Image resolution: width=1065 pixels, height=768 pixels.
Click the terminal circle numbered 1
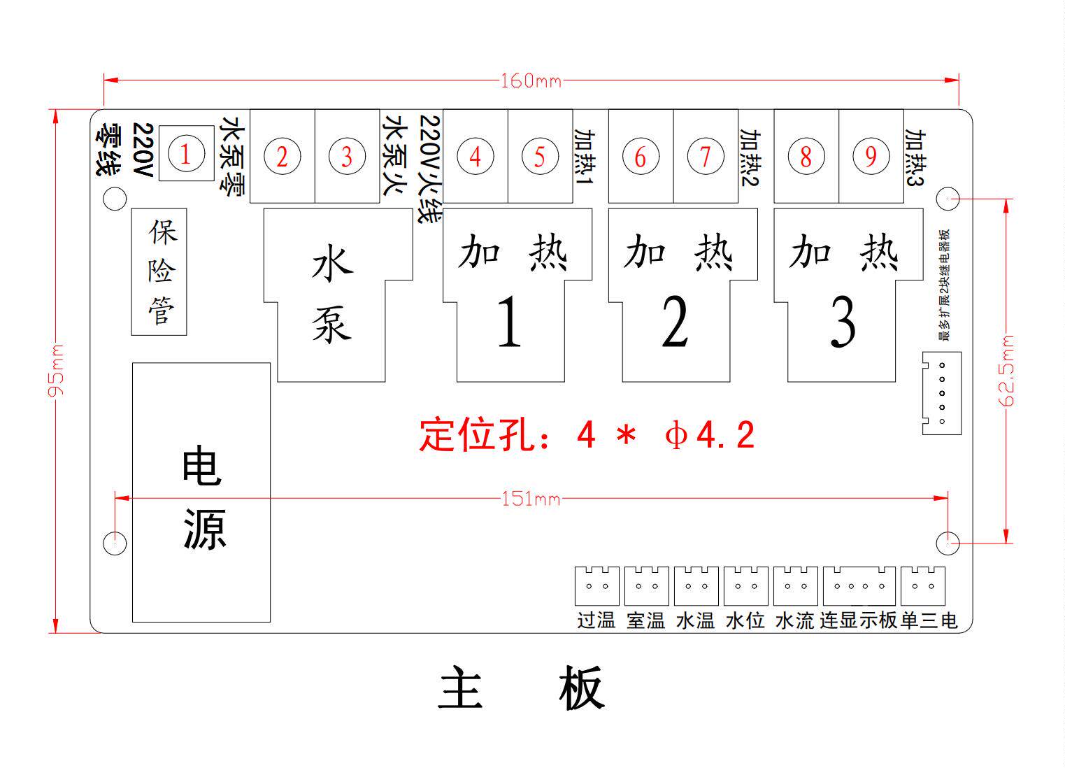click(185, 154)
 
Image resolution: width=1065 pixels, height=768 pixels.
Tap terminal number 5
click(539, 156)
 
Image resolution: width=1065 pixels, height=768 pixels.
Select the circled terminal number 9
click(871, 156)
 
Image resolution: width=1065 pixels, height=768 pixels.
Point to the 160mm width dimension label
click(531, 81)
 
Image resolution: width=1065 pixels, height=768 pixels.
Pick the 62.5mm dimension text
click(1007, 371)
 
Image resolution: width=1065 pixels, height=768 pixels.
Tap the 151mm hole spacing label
click(531, 499)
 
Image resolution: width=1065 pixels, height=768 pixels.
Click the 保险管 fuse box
click(160, 271)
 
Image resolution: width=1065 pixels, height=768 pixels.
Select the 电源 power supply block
click(201, 492)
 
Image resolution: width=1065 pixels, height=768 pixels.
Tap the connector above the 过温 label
click(596, 585)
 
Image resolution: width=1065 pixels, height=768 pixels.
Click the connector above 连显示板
click(859, 585)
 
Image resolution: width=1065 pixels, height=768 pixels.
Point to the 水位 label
click(745, 620)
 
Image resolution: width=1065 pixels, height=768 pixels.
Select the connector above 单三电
click(922, 585)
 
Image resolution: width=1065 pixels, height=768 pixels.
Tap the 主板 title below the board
click(521, 688)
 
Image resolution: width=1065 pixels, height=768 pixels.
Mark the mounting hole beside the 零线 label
click(115, 199)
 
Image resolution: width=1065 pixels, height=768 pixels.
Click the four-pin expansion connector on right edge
click(941, 393)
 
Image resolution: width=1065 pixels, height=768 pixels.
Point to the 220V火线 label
click(428, 168)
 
